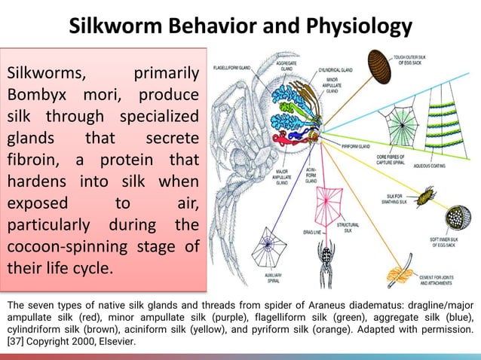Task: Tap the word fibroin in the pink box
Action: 33,161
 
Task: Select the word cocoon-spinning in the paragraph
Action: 60,247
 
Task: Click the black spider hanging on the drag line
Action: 326,258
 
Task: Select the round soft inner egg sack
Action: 457,218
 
